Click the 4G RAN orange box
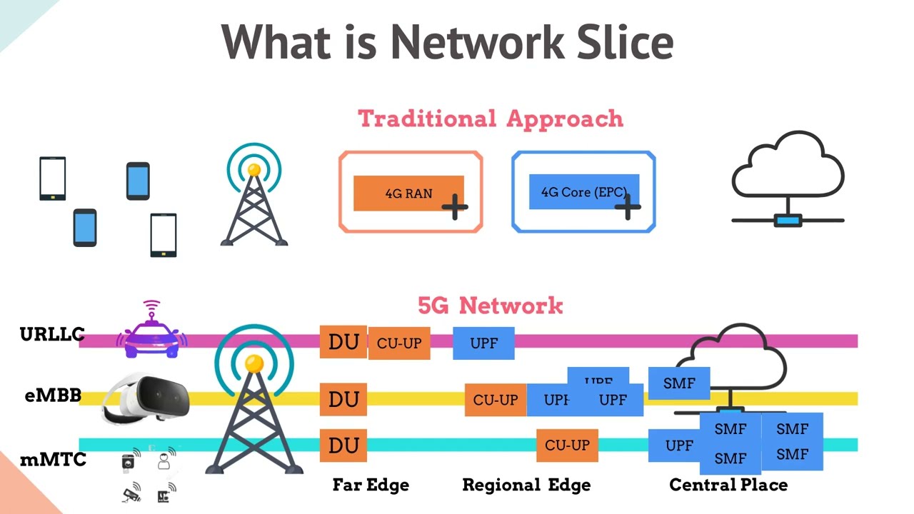(x=408, y=193)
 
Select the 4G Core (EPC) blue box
(x=583, y=191)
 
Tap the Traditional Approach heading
(x=490, y=119)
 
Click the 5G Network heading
(x=490, y=306)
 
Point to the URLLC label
(x=52, y=334)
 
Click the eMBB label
(x=53, y=395)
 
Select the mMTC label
(x=53, y=460)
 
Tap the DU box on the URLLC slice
(x=343, y=342)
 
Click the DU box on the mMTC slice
(x=343, y=445)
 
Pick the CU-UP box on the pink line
(x=399, y=343)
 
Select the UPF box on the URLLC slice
(x=483, y=343)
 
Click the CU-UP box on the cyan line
(x=567, y=445)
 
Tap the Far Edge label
(x=371, y=485)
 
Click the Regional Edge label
(x=526, y=485)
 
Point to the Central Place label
(x=728, y=485)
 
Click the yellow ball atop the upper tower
(x=254, y=170)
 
